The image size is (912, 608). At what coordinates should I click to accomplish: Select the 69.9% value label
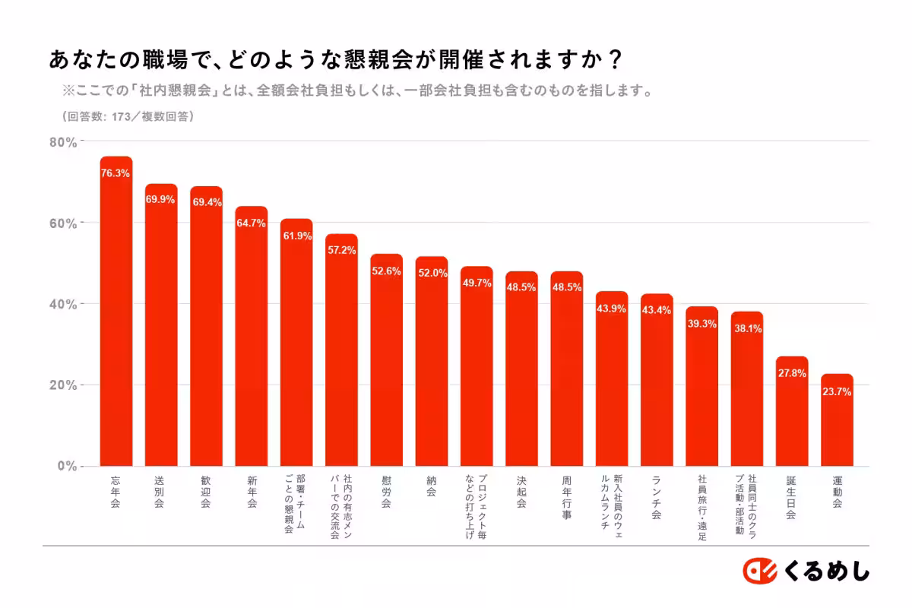click(160, 199)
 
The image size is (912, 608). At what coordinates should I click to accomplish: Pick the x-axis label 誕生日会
click(791, 497)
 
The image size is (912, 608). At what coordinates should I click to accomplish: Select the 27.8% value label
click(792, 373)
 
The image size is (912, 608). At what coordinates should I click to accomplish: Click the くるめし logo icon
click(758, 572)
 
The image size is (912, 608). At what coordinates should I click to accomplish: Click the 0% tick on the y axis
click(67, 466)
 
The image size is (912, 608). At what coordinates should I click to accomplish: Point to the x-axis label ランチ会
click(656, 497)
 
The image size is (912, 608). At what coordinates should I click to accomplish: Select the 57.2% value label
click(341, 250)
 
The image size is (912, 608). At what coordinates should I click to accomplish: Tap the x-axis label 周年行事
click(566, 497)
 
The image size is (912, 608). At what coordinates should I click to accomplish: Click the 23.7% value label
click(837, 392)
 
